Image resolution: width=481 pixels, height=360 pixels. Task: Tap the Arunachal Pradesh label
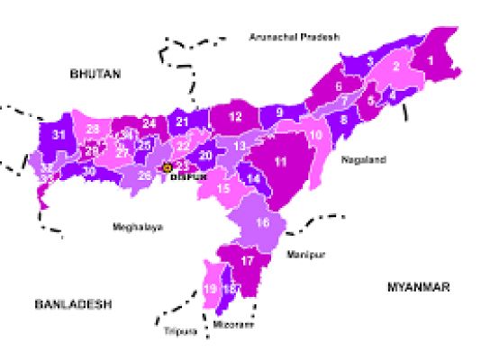coord(294,37)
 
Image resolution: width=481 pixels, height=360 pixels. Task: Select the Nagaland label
coord(363,159)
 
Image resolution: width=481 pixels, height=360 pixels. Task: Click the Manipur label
coord(304,256)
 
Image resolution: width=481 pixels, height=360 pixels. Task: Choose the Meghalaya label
coord(138,227)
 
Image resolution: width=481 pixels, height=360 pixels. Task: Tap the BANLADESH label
coord(74,305)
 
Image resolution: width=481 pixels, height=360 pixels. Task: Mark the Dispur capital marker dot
coord(167,167)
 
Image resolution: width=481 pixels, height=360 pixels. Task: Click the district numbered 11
coord(280,161)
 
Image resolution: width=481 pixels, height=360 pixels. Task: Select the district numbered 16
coord(262,222)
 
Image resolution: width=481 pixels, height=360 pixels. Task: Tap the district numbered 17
coord(249,261)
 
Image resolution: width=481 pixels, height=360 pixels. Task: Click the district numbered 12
coord(235,117)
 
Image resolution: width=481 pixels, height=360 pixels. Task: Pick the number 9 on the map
coord(279,112)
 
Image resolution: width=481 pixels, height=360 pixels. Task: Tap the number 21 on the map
coord(183,121)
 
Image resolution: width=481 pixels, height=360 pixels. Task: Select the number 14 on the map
coord(255,179)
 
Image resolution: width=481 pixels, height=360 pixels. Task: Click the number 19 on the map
coord(210,289)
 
